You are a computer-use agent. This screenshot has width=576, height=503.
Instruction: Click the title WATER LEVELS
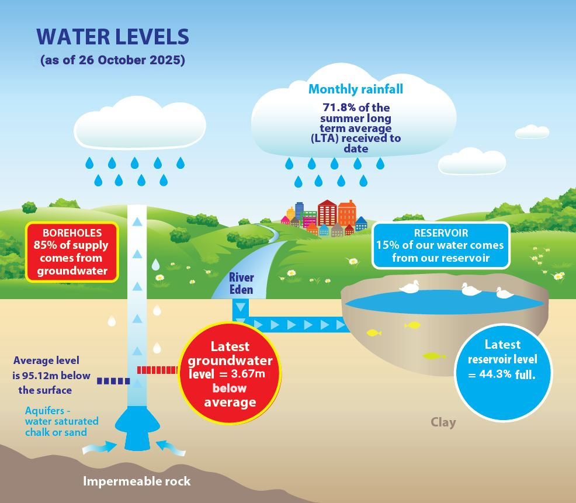tap(113, 37)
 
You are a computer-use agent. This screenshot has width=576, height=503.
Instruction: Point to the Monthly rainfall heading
tap(355, 89)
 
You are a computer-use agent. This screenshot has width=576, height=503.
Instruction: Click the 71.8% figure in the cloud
tap(338, 107)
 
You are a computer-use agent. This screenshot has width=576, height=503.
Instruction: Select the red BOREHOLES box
tap(72, 251)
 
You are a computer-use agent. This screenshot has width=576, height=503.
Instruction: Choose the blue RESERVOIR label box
tap(440, 245)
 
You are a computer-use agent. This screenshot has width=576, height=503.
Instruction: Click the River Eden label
tap(241, 283)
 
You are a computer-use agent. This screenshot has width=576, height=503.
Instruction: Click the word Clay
tap(443, 422)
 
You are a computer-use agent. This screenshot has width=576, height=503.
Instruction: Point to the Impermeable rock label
tap(137, 481)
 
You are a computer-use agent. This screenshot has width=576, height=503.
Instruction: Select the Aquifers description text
tap(61, 421)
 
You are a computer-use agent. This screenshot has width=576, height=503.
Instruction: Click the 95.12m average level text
tap(46, 374)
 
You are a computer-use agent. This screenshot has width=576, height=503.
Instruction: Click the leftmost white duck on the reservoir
tap(409, 286)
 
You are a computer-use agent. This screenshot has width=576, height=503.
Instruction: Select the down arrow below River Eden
tap(241, 307)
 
